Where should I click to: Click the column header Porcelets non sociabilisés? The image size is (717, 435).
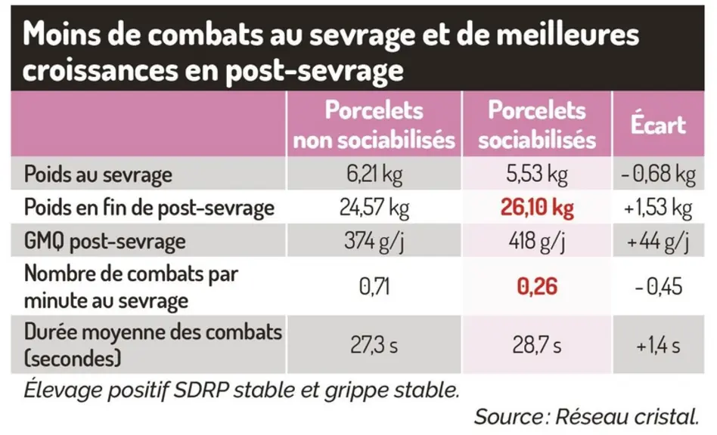tap(374, 125)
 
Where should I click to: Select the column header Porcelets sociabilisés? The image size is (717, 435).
tap(537, 125)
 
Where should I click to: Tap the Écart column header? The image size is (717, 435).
tap(658, 124)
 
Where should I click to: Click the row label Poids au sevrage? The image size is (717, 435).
tap(98, 174)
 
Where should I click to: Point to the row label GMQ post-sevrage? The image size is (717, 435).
tap(104, 241)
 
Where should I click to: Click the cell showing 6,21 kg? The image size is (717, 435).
tap(374, 174)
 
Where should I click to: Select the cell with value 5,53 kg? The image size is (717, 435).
tap(537, 174)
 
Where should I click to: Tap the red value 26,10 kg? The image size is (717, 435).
tap(537, 208)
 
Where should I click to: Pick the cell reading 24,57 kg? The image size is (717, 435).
tap(374, 208)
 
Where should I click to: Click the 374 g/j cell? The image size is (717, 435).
tap(374, 241)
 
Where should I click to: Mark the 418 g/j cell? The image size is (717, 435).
tap(537, 241)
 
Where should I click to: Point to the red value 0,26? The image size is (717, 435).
tap(537, 287)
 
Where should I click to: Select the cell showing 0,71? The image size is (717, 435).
tap(374, 287)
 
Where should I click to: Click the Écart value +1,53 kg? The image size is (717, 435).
tap(658, 208)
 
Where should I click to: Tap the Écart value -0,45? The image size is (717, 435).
tap(658, 287)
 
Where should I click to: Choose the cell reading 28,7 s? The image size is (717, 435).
tap(537, 345)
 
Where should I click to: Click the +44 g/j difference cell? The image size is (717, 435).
tap(658, 241)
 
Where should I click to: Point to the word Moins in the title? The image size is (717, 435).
tap(61, 35)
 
